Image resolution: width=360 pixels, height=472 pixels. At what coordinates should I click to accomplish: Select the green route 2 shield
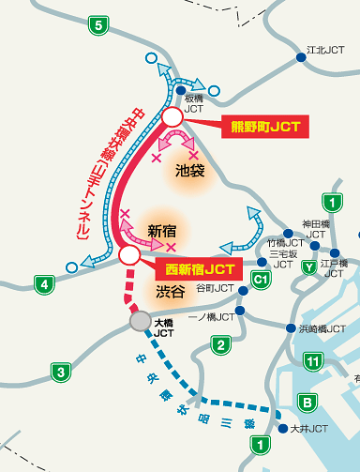click(x=219, y=347)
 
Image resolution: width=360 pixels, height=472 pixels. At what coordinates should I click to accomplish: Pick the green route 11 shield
click(x=314, y=361)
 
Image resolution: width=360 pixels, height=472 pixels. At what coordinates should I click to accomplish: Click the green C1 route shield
click(x=262, y=279)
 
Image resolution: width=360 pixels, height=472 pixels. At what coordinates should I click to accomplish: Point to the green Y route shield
click(x=308, y=266)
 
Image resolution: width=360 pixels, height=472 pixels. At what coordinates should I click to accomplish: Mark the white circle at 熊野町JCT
click(x=172, y=116)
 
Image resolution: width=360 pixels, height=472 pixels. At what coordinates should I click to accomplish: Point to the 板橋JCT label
click(x=193, y=103)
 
